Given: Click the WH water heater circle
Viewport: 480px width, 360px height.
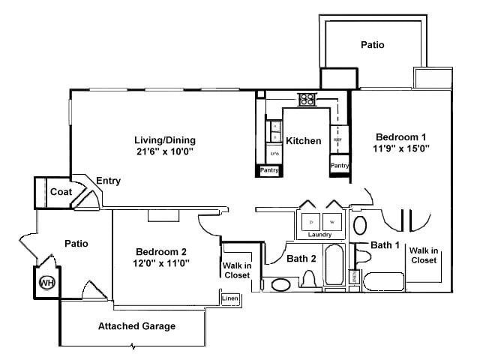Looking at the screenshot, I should (46, 283).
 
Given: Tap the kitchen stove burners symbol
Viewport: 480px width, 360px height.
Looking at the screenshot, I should (307, 98).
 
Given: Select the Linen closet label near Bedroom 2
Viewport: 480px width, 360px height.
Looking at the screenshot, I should (230, 298).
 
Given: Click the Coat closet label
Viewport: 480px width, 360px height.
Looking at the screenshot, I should (61, 192).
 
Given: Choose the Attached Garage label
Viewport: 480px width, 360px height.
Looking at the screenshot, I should (136, 326).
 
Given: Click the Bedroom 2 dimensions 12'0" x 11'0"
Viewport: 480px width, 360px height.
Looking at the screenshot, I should (161, 262).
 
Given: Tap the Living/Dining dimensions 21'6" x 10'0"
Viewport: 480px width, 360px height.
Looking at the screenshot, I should (164, 151).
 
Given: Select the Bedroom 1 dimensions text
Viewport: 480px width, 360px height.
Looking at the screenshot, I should (401, 148).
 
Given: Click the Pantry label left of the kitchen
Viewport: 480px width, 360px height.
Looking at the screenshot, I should (269, 170).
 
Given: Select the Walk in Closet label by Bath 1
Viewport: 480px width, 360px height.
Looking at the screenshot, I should (424, 255).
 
